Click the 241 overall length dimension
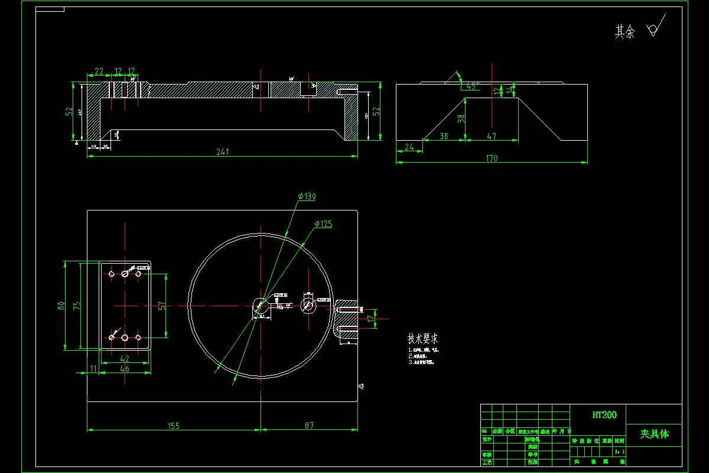[222, 152]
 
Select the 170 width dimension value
[492, 158]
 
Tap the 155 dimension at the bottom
[174, 425]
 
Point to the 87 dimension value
[310, 425]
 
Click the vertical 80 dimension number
[61, 306]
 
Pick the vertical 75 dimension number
[77, 306]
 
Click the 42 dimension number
[125, 358]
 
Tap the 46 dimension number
[125, 369]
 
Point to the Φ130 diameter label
[307, 196]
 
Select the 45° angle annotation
[471, 86]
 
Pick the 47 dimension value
[492, 137]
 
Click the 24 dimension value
[409, 147]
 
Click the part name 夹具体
[655, 434]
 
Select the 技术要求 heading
[422, 339]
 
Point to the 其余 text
[625, 32]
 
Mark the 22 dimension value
[99, 72]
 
